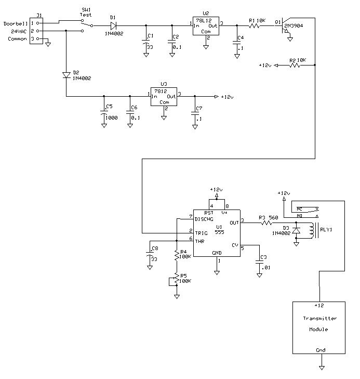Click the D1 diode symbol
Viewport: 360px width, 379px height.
pos(113,25)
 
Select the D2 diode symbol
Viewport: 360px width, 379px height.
pos(66,75)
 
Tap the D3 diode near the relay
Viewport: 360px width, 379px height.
pos(296,230)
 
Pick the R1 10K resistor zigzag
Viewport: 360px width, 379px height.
pos(254,25)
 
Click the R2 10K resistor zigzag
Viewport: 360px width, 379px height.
pos(295,65)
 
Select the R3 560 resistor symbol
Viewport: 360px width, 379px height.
pos(266,223)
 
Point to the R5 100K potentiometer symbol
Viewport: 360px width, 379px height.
pos(176,279)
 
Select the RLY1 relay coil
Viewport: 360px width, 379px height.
pos(312,230)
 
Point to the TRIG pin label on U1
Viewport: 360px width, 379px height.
pos(202,233)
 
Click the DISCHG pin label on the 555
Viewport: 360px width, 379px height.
pos(204,219)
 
